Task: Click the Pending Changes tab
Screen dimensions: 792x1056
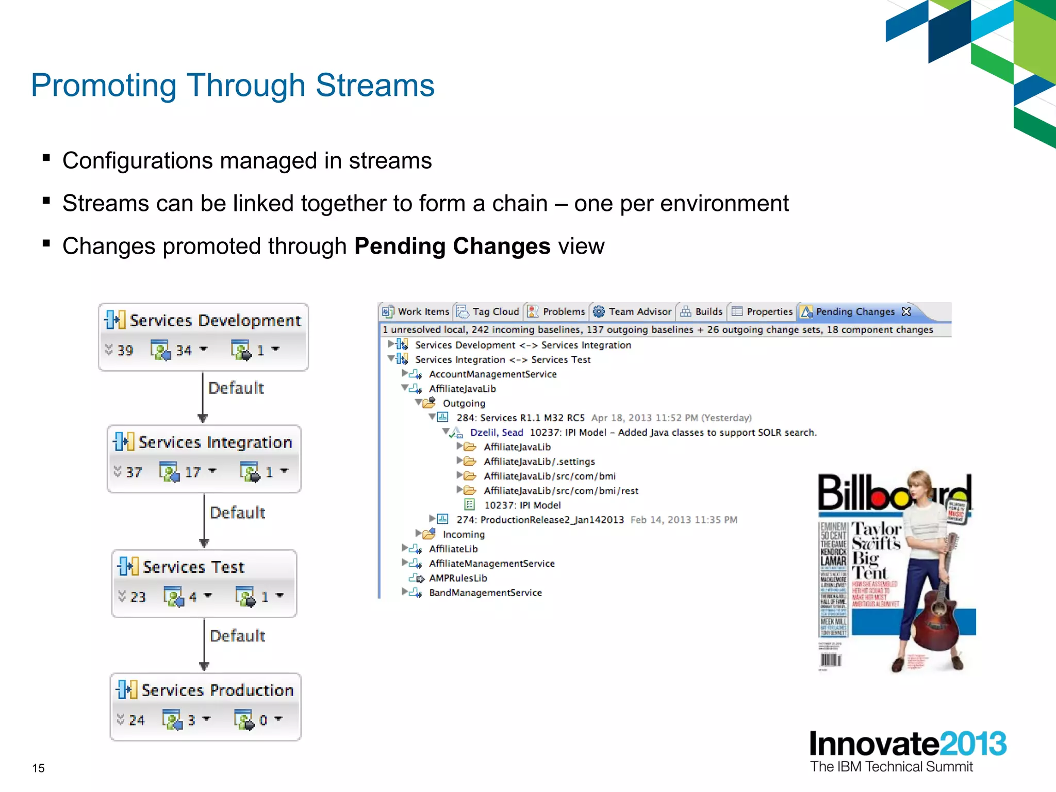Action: point(855,312)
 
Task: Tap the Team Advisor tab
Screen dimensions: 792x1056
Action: point(639,312)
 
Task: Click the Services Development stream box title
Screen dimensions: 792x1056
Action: point(214,321)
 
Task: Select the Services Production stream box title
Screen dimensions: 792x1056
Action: point(217,690)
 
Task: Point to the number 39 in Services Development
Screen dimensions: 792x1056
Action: point(125,351)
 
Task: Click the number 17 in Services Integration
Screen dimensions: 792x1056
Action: point(193,472)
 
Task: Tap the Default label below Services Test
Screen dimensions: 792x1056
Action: point(237,636)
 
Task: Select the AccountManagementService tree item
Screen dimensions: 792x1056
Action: point(492,374)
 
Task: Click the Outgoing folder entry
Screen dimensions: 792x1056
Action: point(464,403)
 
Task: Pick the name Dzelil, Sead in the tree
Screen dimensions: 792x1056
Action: point(496,433)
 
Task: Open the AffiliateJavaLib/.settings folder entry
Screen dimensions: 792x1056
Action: point(539,461)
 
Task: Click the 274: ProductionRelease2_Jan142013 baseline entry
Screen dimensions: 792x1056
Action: point(540,520)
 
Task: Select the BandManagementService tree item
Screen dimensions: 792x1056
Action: point(485,593)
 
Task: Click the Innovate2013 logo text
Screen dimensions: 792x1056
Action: point(907,744)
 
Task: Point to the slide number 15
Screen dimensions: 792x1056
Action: point(39,768)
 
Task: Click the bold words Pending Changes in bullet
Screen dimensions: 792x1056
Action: point(452,246)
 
